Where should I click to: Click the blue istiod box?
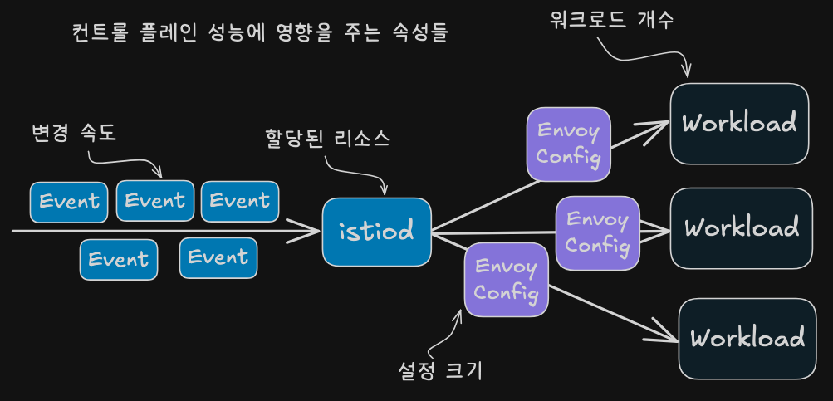coord(377,232)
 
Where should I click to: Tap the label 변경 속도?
coord(73,134)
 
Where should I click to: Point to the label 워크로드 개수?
coord(611,21)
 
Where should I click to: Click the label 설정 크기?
coord(440,371)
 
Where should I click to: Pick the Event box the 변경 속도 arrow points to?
coord(155,201)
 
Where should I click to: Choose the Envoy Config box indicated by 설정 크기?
coord(506,280)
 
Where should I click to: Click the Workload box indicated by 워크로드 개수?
coord(739,124)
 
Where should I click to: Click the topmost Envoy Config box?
coord(568,144)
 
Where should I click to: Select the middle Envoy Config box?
coord(598,233)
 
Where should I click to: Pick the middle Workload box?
coord(742,227)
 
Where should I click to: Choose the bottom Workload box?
coord(747,339)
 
